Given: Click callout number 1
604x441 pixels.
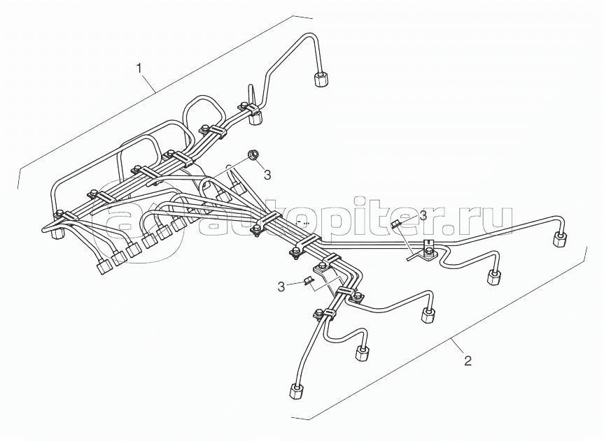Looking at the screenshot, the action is (x=139, y=69).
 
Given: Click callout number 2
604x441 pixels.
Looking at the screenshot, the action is (x=468, y=361).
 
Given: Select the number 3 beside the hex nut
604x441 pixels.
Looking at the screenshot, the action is (x=267, y=175).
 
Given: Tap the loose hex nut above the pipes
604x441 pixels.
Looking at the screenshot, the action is (x=253, y=154).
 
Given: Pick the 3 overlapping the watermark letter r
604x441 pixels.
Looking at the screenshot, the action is (x=423, y=215).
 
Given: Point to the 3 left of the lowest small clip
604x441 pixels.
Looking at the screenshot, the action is (x=281, y=287).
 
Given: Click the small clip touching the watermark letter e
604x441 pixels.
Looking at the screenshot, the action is (x=396, y=223).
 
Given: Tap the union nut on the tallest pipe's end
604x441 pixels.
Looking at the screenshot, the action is (x=321, y=79).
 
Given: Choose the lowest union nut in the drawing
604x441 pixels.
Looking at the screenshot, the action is (x=296, y=391).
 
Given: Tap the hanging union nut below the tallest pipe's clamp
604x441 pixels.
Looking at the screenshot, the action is (x=255, y=118).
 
